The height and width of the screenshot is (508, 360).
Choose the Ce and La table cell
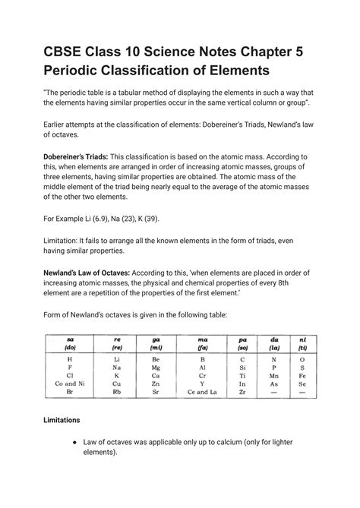(x=202, y=394)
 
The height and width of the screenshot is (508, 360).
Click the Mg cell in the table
(x=117, y=367)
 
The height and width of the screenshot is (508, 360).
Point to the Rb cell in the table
(x=117, y=394)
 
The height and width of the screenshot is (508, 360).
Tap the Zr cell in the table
(x=242, y=394)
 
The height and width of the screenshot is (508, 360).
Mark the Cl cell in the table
(x=70, y=376)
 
